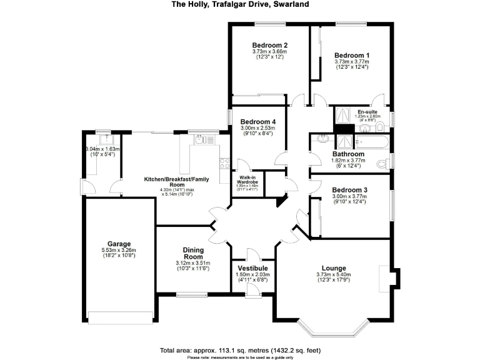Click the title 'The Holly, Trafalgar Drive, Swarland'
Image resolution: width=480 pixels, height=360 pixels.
click(240, 4)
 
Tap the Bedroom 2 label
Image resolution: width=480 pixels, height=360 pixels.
click(269, 45)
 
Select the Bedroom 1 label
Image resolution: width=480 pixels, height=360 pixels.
click(351, 55)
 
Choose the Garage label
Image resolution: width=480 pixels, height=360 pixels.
click(119, 244)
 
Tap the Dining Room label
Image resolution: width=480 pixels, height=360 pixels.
click(193, 254)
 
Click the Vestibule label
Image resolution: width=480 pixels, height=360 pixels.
click(253, 268)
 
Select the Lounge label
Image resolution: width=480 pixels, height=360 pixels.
click(334, 268)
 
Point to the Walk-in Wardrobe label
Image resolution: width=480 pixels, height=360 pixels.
click(249, 179)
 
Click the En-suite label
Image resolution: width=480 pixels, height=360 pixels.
click(367, 112)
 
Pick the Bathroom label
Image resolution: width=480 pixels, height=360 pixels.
click(348, 154)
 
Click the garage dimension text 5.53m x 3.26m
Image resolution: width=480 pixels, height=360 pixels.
click(119, 251)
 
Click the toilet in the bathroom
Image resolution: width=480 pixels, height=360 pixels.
click(382, 165)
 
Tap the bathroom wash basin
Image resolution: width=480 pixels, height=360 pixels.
click(322, 139)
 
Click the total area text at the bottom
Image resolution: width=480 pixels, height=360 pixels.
click(240, 350)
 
